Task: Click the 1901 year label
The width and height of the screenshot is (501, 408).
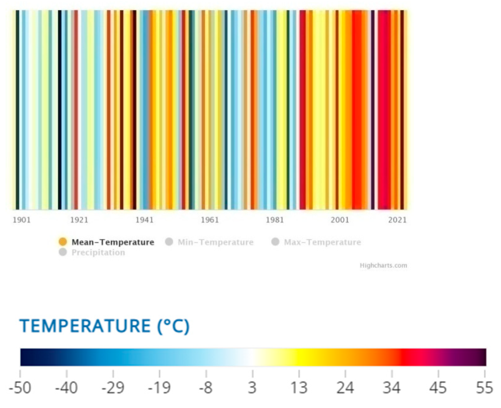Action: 22,220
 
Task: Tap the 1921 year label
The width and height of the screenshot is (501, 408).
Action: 79,220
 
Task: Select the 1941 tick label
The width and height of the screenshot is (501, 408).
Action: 145,220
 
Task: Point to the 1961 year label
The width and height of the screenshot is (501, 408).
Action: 210,220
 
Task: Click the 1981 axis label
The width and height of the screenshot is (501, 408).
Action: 275,220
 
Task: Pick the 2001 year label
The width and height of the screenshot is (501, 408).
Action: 340,220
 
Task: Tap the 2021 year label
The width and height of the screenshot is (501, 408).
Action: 398,220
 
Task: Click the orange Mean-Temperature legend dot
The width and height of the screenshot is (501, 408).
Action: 63,242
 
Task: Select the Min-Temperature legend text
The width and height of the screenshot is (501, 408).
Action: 216,242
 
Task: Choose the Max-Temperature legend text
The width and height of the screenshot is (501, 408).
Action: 322,242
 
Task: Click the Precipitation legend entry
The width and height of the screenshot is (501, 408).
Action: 98,253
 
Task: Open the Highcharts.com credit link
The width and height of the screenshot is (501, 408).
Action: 383,265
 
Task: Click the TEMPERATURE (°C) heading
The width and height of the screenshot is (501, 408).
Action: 104,326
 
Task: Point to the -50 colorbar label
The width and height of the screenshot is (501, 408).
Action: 20,388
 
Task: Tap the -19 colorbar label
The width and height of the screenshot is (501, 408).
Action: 159,388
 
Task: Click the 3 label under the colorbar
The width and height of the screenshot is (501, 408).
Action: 252,388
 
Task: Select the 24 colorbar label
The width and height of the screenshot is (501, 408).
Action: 345,388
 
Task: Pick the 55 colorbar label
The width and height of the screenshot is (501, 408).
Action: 484,388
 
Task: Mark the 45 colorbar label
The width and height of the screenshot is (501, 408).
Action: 438,388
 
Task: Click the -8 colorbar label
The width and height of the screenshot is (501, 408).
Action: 206,388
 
